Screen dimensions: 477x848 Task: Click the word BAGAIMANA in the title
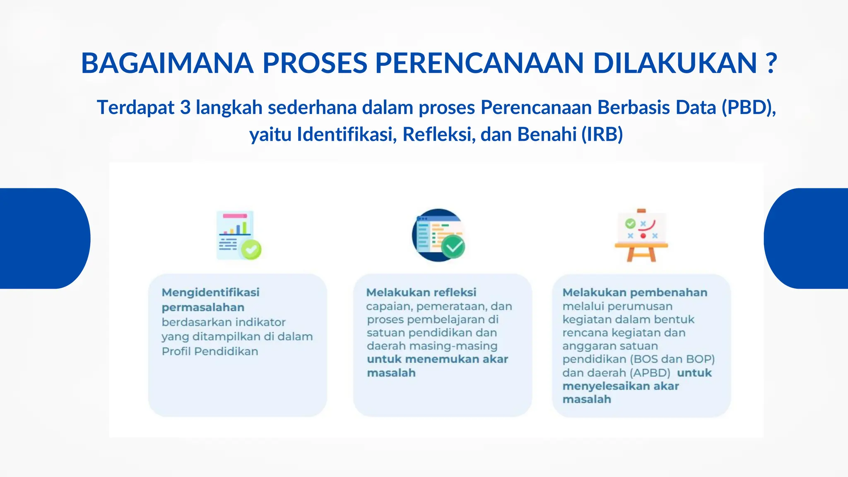click(x=167, y=63)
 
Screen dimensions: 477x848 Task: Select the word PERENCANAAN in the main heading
click(x=479, y=63)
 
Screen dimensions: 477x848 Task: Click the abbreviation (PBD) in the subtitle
click(x=748, y=108)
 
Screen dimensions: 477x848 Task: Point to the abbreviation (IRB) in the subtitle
click(x=602, y=135)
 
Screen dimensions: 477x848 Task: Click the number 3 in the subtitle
click(x=185, y=108)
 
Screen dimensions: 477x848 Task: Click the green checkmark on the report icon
click(x=251, y=249)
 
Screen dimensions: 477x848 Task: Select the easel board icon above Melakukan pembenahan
click(x=641, y=235)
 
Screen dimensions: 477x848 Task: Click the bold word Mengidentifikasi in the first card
click(x=210, y=293)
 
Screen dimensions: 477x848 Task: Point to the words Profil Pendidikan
click(x=210, y=352)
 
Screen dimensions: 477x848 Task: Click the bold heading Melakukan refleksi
click(x=421, y=293)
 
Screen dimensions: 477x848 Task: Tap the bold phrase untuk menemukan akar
click(x=437, y=359)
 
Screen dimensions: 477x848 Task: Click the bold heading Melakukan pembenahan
click(x=635, y=293)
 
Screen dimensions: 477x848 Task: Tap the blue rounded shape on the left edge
click(x=41, y=238)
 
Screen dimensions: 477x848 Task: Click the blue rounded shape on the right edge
click(x=807, y=238)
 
